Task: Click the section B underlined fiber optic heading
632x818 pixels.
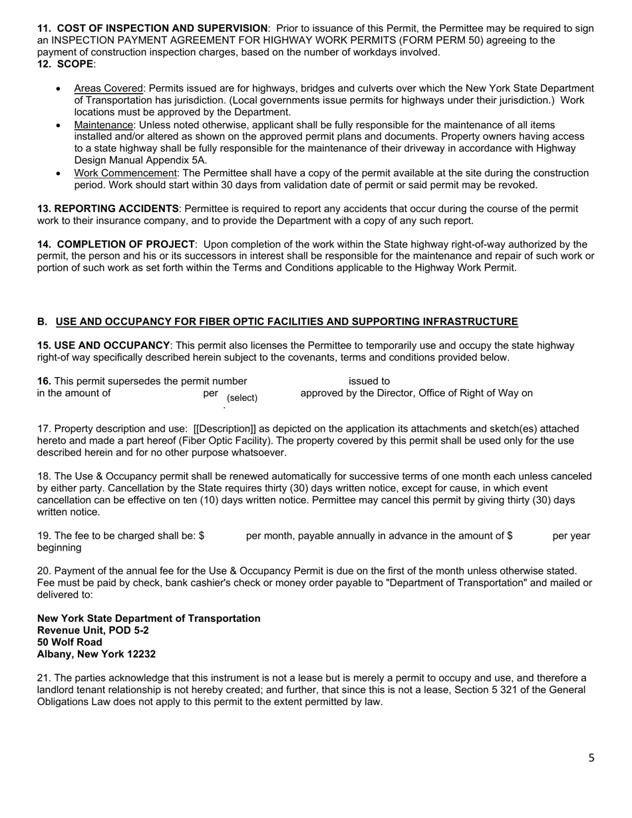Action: coord(286,322)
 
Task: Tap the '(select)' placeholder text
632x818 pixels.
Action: coord(242,398)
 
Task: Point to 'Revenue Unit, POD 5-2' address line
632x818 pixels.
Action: coord(93,630)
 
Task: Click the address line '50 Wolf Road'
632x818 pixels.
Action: coord(70,642)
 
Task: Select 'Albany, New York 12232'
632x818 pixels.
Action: coord(96,654)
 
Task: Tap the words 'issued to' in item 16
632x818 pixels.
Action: coord(369,381)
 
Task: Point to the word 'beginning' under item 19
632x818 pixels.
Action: coord(59,548)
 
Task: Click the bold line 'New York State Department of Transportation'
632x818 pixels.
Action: coord(149,618)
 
